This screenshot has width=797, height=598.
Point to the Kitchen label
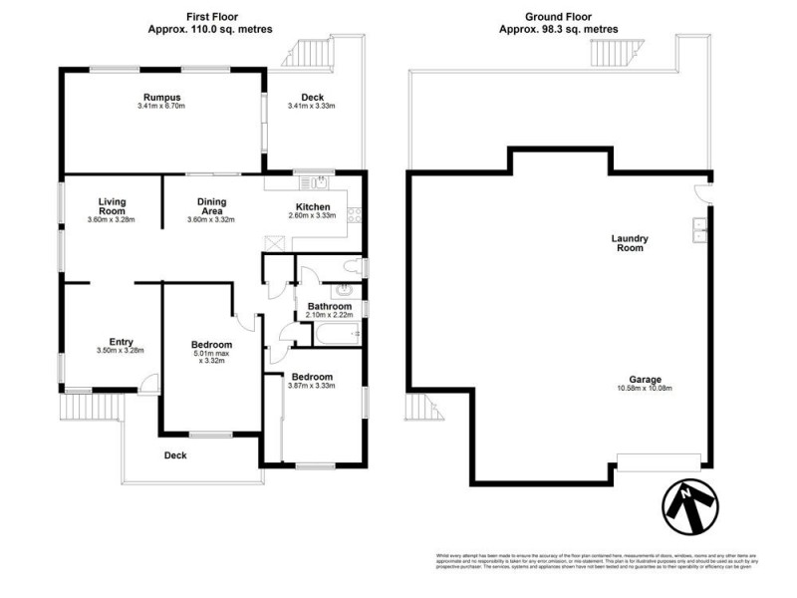(x=312, y=207)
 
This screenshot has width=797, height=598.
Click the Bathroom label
(x=329, y=307)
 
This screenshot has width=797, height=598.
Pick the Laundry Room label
(x=630, y=242)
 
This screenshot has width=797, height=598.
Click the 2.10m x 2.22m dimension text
(x=329, y=316)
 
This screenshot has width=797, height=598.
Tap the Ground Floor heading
(x=558, y=17)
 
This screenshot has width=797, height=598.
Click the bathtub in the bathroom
(x=333, y=334)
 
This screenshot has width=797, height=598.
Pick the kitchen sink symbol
(x=320, y=182)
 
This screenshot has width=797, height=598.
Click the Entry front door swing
(x=147, y=381)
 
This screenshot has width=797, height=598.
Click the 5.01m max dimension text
(x=212, y=353)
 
